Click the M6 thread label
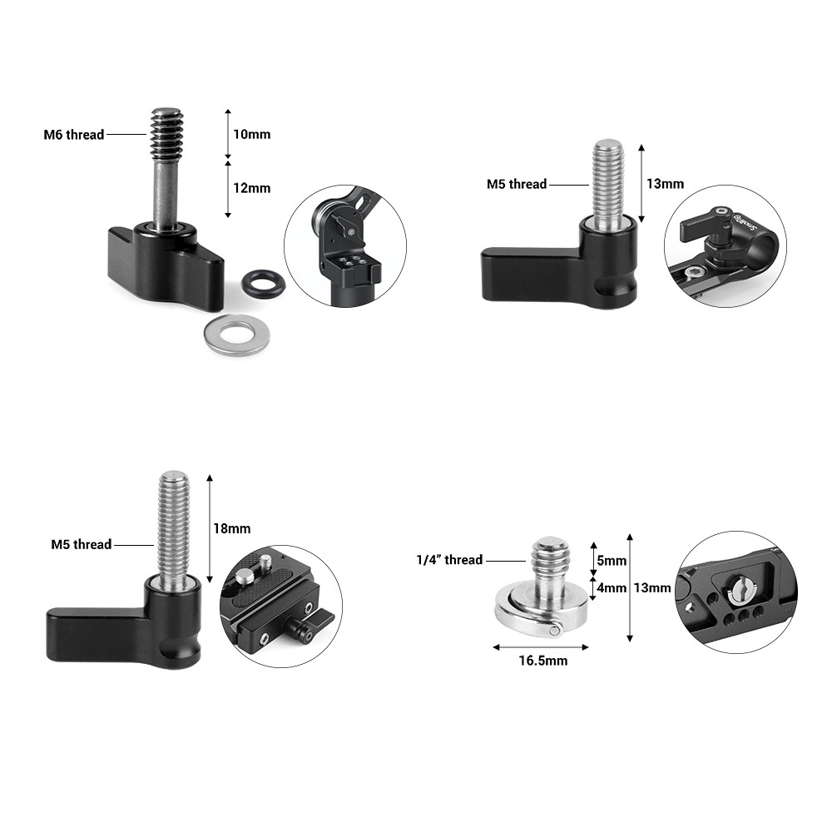tap(74, 135)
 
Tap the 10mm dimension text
tap(252, 134)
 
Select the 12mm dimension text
tap(252, 188)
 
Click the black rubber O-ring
tap(263, 283)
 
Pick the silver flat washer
tap(236, 335)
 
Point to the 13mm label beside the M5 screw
tap(665, 184)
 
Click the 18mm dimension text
tap(232, 528)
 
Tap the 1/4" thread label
tap(449, 560)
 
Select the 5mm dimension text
tap(612, 561)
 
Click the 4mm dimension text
tap(612, 588)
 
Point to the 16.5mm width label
tap(543, 661)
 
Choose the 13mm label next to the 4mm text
tap(652, 588)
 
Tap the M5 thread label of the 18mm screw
tap(82, 544)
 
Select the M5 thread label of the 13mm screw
tap(517, 184)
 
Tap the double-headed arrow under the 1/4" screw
tap(541, 647)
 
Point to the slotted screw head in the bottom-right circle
tap(740, 590)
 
